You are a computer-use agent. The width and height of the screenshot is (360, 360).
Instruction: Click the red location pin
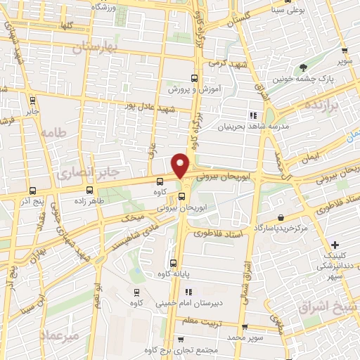pyautogui.click(x=181, y=165)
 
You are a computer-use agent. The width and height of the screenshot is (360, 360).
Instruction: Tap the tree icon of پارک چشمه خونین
pyautogui.click(x=304, y=67)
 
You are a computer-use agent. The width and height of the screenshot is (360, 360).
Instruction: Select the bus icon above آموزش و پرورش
pyautogui.click(x=194, y=79)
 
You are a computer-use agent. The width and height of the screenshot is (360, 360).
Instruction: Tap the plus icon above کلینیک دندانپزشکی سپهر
pyautogui.click(x=335, y=243)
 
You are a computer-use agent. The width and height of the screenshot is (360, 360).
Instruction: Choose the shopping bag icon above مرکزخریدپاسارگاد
pyautogui.click(x=281, y=217)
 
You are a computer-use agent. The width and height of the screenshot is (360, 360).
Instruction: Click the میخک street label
pyautogui.click(x=132, y=218)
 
